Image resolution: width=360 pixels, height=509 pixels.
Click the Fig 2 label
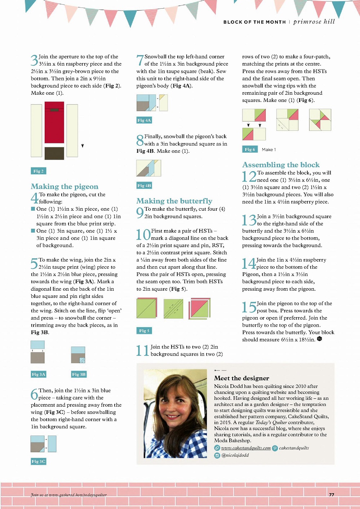pyautogui.click(x=38, y=171)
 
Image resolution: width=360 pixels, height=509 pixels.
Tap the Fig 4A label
pyautogui.click(x=144, y=120)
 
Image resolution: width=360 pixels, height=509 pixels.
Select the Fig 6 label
pyautogui.click(x=250, y=149)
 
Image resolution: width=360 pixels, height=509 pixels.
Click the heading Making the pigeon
pyautogui.click(x=65, y=187)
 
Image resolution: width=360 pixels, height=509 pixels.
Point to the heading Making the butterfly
pyautogui.click(x=174, y=201)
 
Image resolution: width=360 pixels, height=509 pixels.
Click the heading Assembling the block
pyautogui.click(x=281, y=165)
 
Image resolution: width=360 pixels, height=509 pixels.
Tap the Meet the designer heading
pyautogui.click(x=241, y=378)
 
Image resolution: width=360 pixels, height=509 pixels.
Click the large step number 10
pyautogui.click(x=143, y=235)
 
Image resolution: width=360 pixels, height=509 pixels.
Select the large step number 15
pyautogui.click(x=249, y=307)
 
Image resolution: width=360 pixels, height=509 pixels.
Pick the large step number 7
pyautogui.click(x=140, y=60)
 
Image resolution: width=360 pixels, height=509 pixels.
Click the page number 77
pyautogui.click(x=332, y=495)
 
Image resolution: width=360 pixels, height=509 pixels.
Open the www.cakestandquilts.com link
pyautogui.click(x=245, y=448)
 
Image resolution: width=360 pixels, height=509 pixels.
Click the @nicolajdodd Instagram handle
pyautogui.click(x=235, y=455)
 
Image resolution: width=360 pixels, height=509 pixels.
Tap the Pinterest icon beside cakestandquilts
pyautogui.click(x=275, y=448)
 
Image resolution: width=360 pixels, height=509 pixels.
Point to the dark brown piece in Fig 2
pyautogui.click(x=54, y=153)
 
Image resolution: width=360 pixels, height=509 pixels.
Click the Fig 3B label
pyautogui.click(x=79, y=374)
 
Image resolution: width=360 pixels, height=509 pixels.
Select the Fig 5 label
pyautogui.click(x=144, y=331)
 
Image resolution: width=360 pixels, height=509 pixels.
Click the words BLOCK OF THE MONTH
pyautogui.click(x=254, y=22)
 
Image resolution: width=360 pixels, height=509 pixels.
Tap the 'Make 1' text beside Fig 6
pyautogui.click(x=269, y=149)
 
